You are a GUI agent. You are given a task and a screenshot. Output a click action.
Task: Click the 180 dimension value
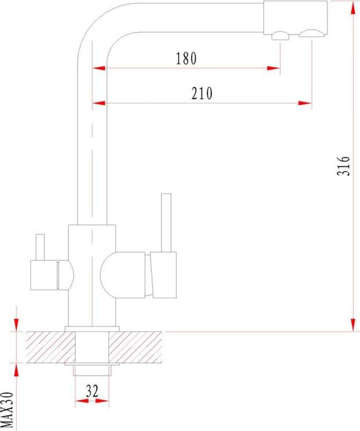pos(186,58)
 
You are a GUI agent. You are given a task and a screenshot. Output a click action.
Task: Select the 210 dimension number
pos(202,93)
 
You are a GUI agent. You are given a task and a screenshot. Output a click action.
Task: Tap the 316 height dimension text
pos(343,166)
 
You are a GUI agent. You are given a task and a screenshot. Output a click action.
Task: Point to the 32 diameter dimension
pos(92,391)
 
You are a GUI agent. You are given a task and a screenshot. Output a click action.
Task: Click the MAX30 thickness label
pos(7,410)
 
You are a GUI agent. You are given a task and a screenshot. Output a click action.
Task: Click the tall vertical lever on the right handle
pos(166,222)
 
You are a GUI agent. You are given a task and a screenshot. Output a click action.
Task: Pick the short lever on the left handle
pos(40,247)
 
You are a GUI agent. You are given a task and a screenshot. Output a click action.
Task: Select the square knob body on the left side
pos(44,275)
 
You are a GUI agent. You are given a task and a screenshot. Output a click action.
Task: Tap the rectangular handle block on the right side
pos(164,275)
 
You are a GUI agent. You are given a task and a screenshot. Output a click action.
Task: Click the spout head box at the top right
pos(296,18)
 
